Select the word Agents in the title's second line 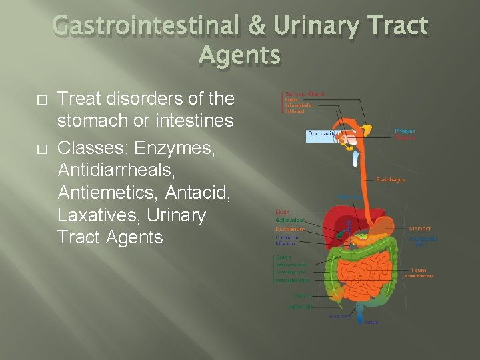coord(240,56)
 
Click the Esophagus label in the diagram coord(391,179)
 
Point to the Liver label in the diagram coord(282,212)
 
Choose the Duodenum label coord(290,229)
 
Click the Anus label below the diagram coord(371,322)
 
